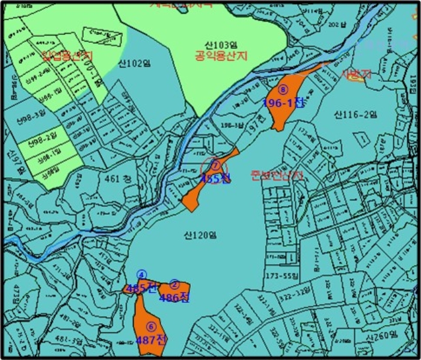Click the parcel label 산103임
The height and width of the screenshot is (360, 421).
218,45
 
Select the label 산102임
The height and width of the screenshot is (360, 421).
134,64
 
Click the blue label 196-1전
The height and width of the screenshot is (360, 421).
284,103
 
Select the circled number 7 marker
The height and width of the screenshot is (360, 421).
216,167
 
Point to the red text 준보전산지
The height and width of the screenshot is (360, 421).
278,175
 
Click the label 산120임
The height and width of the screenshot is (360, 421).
200,236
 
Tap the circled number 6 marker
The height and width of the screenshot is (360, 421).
151,326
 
